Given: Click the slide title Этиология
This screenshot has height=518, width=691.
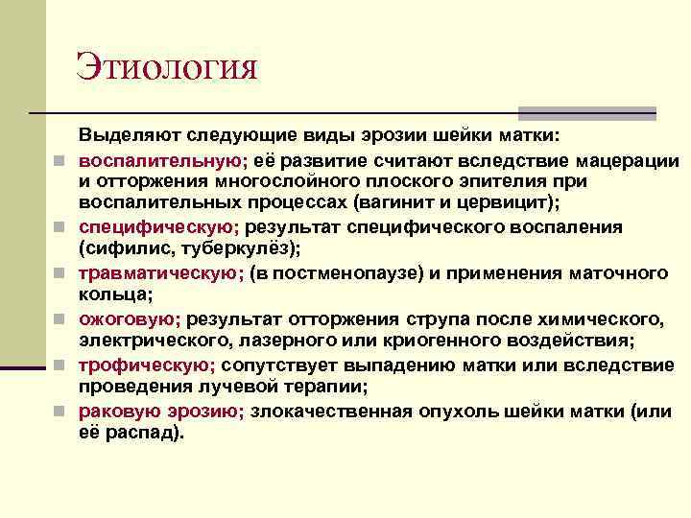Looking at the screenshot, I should tap(168, 69).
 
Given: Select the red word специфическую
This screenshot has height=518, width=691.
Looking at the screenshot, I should tap(158, 227).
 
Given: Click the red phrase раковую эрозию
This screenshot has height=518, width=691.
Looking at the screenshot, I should tap(161, 412).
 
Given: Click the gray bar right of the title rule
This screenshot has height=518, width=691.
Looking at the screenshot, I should tap(587, 113).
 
